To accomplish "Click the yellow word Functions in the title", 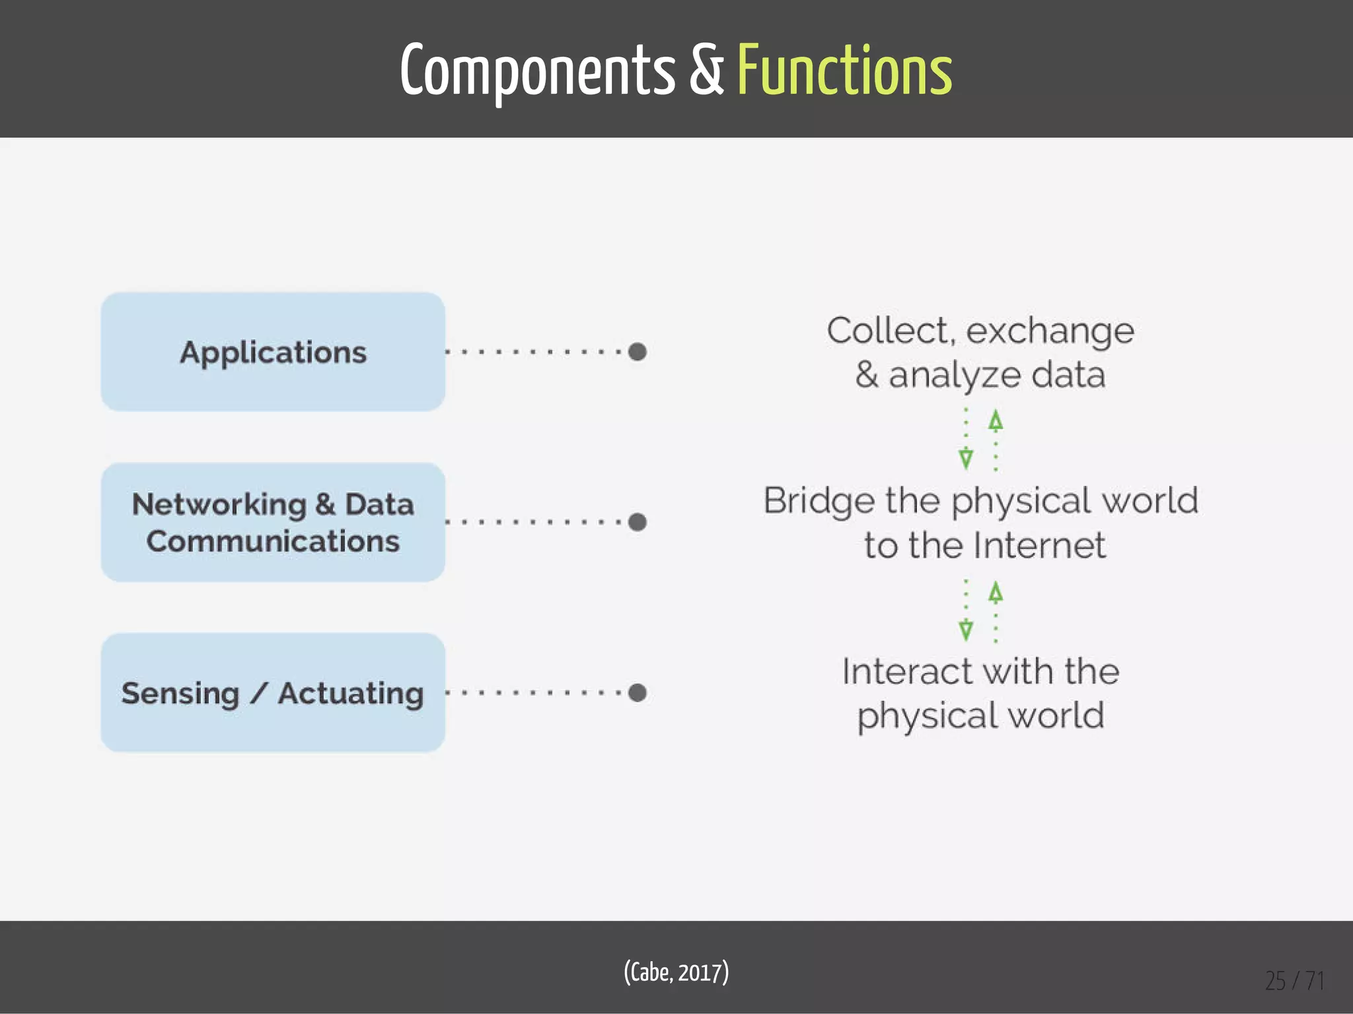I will (844, 70).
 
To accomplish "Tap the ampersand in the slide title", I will (706, 70).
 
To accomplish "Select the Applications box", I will (273, 352).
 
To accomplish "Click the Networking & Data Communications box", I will (273, 522).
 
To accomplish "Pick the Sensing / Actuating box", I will (273, 693).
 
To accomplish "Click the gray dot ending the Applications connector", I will (638, 352).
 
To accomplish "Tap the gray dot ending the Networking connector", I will (638, 522).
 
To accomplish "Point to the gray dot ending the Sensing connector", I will (638, 693).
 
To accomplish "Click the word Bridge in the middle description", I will (819, 500).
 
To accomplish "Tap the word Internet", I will (1039, 545).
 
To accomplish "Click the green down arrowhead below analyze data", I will (966, 458).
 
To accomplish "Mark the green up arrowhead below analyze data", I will (996, 421).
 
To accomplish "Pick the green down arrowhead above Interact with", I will (966, 630).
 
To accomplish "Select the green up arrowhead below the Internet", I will (996, 592).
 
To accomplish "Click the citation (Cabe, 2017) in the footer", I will (676, 972).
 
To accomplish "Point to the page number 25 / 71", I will (1294, 981).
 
